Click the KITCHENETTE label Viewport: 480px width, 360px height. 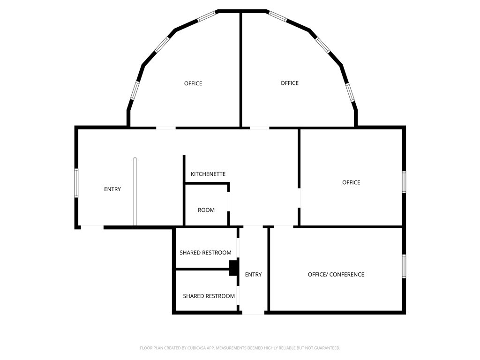[208, 174]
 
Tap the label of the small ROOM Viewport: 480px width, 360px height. [206, 210]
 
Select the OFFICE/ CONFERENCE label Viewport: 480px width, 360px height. [336, 274]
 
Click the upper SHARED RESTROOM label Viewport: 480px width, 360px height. [205, 253]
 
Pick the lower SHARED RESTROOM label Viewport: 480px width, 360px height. [209, 296]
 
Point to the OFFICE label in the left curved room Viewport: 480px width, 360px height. [193, 83]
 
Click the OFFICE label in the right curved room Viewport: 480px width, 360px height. [289, 83]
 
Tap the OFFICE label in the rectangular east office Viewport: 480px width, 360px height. [351, 182]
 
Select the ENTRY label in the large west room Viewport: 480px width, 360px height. [112, 189]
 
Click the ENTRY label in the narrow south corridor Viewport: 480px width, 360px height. [253, 274]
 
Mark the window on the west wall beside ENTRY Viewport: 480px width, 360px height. [76, 183]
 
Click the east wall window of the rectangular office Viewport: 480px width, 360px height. [404, 182]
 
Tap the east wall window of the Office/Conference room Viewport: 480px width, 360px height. [404, 266]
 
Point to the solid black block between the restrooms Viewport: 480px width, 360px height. [233, 268]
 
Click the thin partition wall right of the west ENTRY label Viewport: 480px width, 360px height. [135, 191]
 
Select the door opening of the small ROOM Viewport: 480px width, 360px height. [229, 202]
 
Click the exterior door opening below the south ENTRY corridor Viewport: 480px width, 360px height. [254, 312]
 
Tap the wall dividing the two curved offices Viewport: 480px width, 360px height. [241, 70]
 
